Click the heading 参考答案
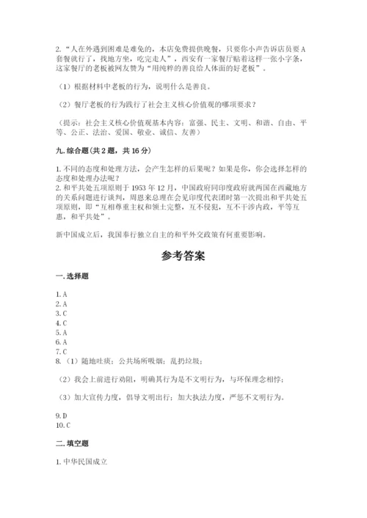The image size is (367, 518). coord(183,256)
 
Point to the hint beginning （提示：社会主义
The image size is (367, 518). coord(183,127)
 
